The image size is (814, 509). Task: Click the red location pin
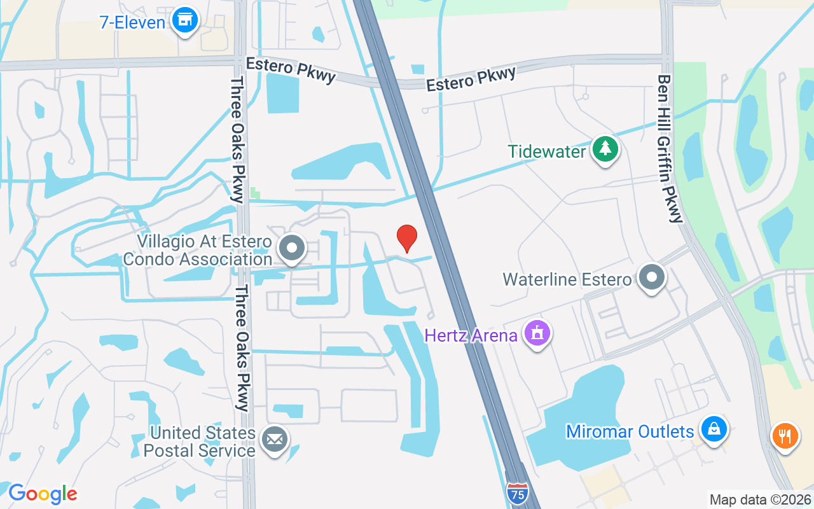tap(407, 238)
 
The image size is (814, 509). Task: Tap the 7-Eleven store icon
tap(185, 20)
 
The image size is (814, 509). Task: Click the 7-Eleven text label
tap(132, 22)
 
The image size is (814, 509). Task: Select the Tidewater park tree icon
tap(605, 150)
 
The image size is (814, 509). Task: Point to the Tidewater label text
tap(546, 151)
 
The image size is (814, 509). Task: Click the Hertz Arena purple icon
tap(537, 333)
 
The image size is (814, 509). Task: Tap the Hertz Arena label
tap(471, 335)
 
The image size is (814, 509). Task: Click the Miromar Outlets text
tap(630, 432)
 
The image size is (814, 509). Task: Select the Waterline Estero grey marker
tap(651, 277)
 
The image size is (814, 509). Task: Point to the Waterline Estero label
tap(567, 279)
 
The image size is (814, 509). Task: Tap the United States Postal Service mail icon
tap(275, 439)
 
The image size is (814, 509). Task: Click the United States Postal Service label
tap(200, 442)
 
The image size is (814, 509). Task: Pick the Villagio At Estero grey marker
tap(293, 249)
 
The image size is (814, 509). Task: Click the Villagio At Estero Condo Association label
tap(198, 251)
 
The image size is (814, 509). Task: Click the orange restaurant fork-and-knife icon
tap(785, 436)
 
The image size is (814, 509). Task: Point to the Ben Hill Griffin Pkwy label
tap(670, 149)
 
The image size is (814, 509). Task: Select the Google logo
tap(43, 494)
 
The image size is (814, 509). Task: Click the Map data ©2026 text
tap(760, 499)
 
